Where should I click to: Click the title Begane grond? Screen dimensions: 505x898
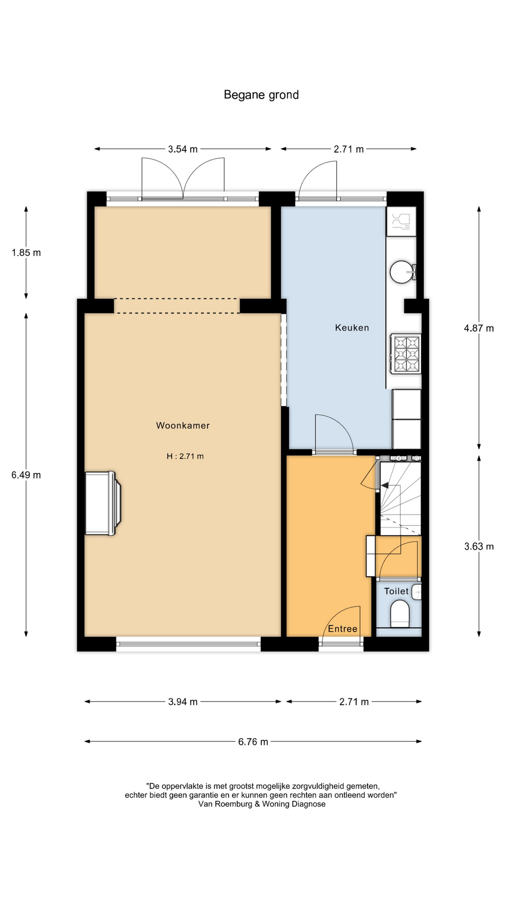tap(261, 95)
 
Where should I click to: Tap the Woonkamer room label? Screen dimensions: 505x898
tap(183, 426)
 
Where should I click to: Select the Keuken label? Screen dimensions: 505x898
tap(352, 328)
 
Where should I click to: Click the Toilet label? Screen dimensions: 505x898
tap(397, 591)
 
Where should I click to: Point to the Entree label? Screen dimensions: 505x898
tap(343, 629)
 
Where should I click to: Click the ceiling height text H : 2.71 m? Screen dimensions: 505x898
tap(185, 456)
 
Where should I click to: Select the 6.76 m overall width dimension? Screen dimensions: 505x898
tap(253, 742)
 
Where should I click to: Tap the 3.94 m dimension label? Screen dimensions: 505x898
tap(183, 702)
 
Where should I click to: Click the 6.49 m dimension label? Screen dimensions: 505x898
tap(26, 475)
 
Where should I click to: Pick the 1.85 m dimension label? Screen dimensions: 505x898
tap(26, 253)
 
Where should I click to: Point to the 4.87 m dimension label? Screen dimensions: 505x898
tap(479, 328)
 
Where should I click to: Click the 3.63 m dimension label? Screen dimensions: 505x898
tap(479, 546)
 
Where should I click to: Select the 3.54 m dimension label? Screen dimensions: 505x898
tap(183, 149)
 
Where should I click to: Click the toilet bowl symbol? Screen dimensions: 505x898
tap(400, 614)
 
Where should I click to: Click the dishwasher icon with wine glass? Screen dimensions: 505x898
tap(401, 221)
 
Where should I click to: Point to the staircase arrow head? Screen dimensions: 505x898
tap(386, 485)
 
